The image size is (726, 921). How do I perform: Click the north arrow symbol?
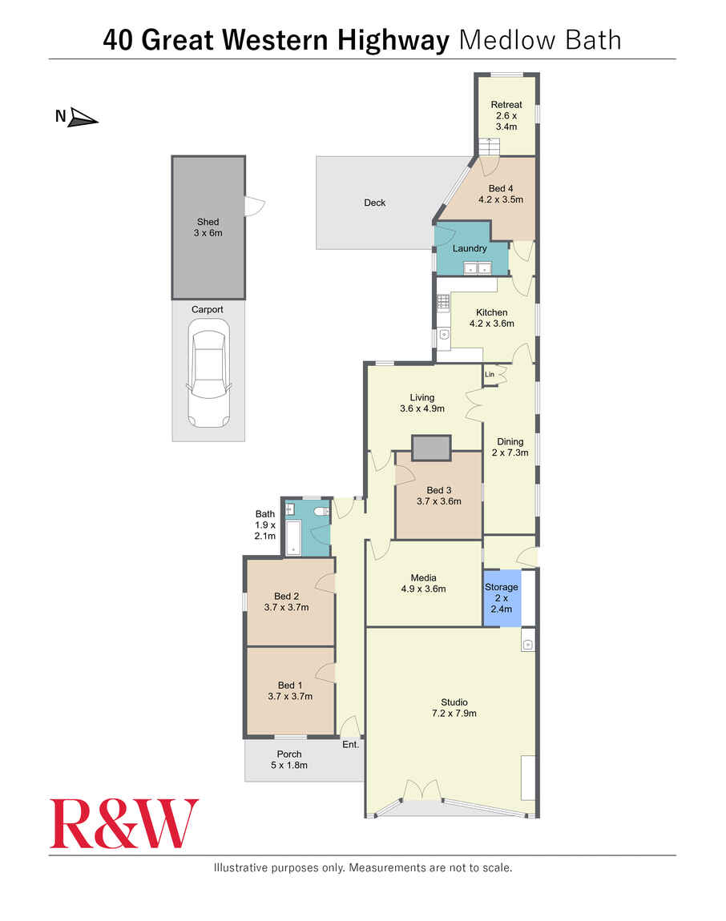point(83,119)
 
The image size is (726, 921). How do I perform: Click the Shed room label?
point(208,222)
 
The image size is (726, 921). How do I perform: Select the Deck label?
point(375,203)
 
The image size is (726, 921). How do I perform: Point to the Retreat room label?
point(506,105)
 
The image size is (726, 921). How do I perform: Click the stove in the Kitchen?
point(443,303)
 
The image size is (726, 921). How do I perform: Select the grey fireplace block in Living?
point(431,448)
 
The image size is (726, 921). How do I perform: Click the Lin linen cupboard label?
point(489,374)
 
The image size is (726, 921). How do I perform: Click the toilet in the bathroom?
point(321,511)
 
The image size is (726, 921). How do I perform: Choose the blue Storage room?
point(502,597)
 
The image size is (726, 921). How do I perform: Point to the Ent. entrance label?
point(350,745)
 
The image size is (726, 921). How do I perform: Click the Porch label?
point(289,754)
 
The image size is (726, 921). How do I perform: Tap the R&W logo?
point(124,823)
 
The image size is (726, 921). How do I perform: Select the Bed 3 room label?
point(439,490)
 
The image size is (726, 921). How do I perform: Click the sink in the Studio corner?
point(527,644)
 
